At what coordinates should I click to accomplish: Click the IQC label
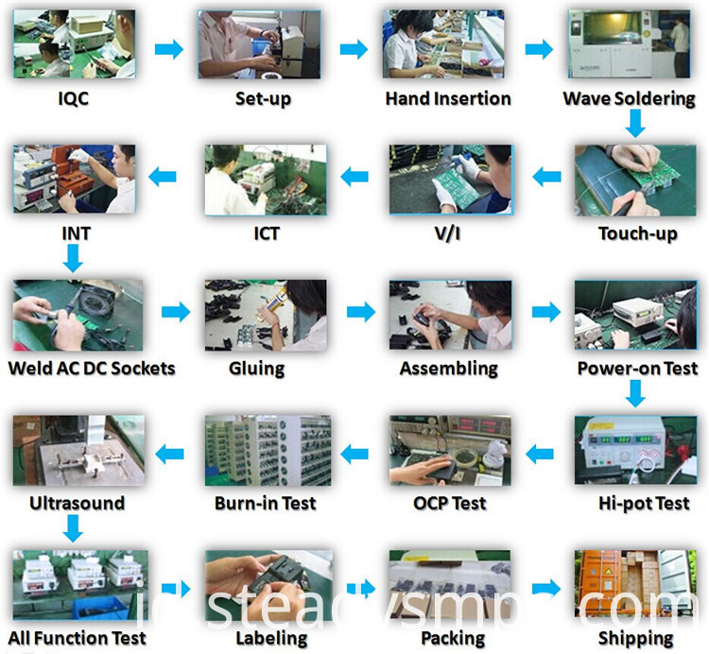tap(73, 98)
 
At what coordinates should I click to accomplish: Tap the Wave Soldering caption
tap(629, 98)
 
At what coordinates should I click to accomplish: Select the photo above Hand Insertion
tap(443, 44)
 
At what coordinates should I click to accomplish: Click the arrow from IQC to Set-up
tap(169, 49)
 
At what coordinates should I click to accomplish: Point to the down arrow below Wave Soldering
tap(635, 124)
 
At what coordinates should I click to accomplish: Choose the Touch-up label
tap(638, 233)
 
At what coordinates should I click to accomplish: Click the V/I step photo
tap(450, 180)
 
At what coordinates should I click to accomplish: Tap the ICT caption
tap(267, 233)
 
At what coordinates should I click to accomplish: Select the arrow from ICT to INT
tap(163, 177)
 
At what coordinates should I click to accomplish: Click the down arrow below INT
tap(73, 258)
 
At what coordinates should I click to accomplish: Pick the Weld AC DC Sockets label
tap(92, 369)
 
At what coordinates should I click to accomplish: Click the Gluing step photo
tap(266, 315)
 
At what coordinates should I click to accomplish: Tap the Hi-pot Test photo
tap(635, 450)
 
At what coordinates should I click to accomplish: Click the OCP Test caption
tap(449, 503)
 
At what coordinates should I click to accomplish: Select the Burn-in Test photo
tap(268, 451)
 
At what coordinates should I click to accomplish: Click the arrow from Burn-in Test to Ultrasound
tap(169, 454)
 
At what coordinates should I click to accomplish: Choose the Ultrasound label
tap(77, 503)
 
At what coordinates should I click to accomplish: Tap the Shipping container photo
tap(635, 583)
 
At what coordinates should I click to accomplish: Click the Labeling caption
tap(271, 638)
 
